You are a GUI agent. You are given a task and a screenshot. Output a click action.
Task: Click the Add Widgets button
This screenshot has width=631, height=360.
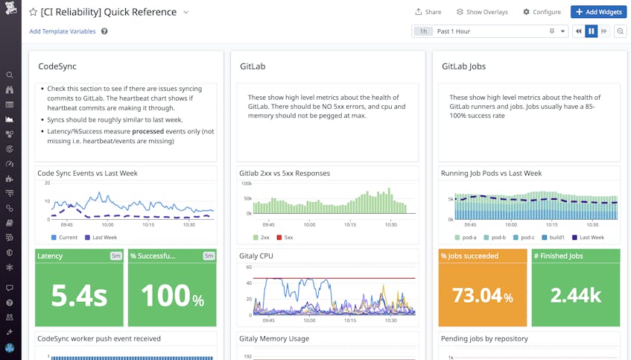pos(598,12)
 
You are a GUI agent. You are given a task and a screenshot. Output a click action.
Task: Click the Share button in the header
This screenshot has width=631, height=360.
pos(428,12)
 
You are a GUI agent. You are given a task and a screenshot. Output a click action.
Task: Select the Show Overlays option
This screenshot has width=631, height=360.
pos(482,12)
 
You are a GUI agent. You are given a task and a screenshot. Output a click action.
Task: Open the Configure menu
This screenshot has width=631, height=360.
pos(542,12)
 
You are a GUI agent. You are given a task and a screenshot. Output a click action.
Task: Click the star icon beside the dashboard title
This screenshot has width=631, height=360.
pos(33,12)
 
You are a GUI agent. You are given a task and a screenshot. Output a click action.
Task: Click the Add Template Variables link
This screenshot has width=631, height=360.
pos(63,31)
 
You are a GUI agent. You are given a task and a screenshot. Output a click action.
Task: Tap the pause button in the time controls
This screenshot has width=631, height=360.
pos(591,31)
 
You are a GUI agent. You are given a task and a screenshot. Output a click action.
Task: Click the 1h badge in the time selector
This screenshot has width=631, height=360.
pos(423,31)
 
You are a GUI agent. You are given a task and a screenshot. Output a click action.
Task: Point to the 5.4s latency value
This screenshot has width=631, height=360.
pos(79,295)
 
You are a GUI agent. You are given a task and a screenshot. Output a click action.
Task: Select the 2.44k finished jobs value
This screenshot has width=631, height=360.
pos(576,295)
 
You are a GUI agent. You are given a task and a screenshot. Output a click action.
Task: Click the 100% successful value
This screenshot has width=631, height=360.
pos(171,295)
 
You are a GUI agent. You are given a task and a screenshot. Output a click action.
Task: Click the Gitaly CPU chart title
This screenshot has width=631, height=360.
pos(256,256)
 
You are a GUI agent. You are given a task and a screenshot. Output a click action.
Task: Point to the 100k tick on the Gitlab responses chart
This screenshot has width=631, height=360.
pos(247,183)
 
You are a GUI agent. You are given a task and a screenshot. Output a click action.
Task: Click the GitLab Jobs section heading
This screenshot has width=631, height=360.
pos(463,66)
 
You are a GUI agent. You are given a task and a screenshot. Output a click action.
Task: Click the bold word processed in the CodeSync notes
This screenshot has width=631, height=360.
pos(148,131)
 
